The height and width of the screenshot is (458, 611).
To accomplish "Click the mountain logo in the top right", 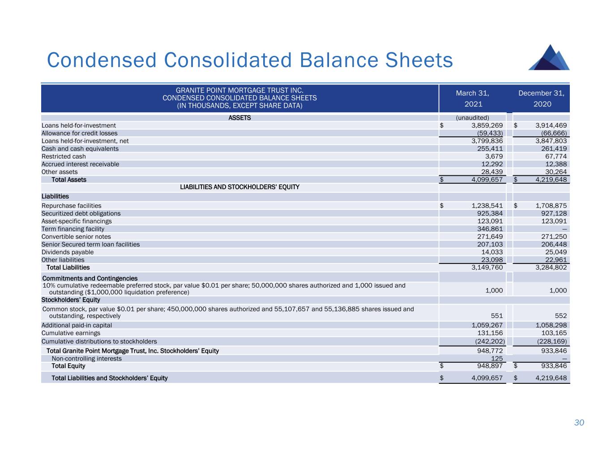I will (x=549, y=58).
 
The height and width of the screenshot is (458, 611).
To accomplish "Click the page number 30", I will (x=579, y=423).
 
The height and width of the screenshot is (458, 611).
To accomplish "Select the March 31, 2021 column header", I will (x=472, y=98).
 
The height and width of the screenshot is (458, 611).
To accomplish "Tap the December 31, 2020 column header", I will (x=541, y=98).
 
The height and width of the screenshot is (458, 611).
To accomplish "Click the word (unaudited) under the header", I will (x=472, y=118).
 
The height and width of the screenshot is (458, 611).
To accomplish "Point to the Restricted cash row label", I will (x=64, y=157).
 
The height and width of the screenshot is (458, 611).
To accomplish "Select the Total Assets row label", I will (x=69, y=180).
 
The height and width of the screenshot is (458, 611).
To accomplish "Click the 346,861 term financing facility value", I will (x=490, y=229).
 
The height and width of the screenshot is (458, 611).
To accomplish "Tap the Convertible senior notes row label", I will (x=76, y=237).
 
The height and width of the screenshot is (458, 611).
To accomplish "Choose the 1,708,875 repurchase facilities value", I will (x=551, y=206).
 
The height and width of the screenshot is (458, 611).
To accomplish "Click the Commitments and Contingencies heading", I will (x=90, y=278).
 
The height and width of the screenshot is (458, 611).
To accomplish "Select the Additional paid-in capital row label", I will (x=77, y=326).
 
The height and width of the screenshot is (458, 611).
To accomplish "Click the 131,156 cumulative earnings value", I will (x=490, y=333).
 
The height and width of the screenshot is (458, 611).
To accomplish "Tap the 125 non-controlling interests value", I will (x=497, y=358).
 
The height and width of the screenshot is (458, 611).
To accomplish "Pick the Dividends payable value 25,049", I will (x=555, y=252).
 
